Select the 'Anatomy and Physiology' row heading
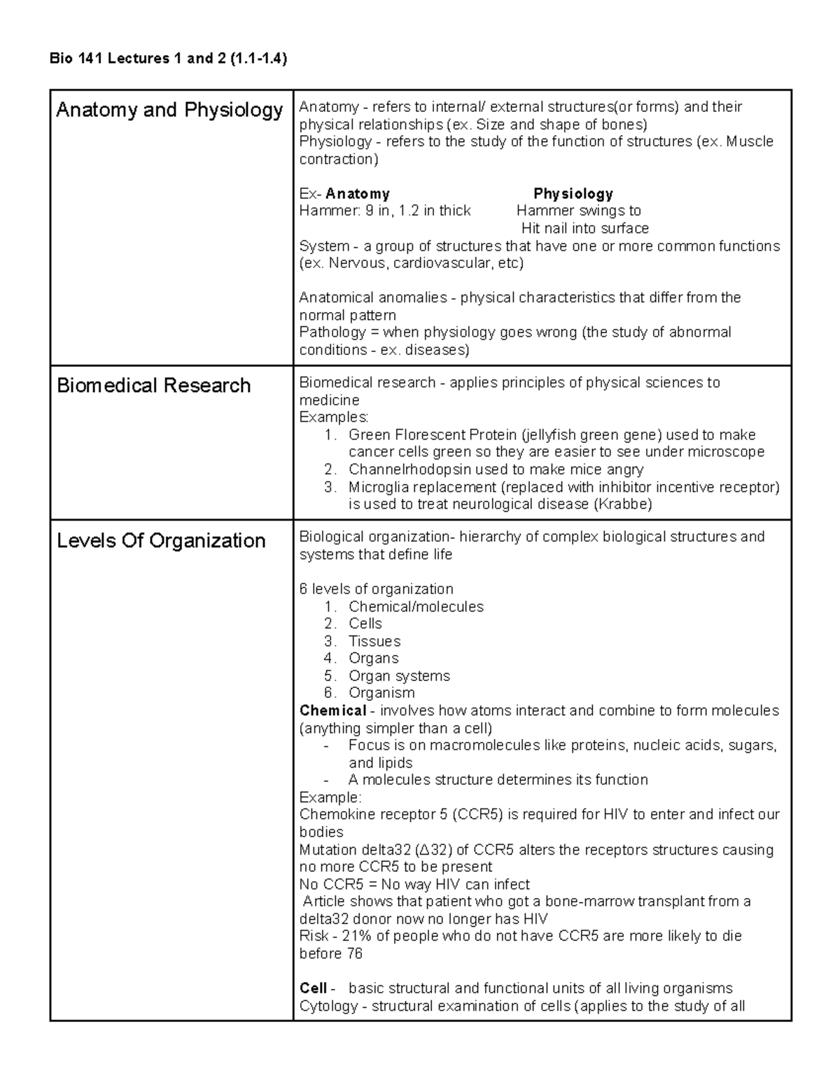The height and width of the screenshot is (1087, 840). [169, 110]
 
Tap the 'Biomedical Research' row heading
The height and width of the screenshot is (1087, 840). [153, 386]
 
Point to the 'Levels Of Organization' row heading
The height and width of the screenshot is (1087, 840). [161, 540]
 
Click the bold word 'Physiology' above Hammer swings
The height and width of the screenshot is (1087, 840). [573, 194]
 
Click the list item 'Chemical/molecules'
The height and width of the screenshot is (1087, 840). [416, 606]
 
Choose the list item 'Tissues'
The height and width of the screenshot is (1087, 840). [374, 641]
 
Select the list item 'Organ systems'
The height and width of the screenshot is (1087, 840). [399, 675]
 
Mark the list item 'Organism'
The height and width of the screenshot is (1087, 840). [381, 693]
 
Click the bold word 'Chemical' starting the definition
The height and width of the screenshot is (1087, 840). [332, 710]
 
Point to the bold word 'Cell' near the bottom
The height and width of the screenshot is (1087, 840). [313, 988]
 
